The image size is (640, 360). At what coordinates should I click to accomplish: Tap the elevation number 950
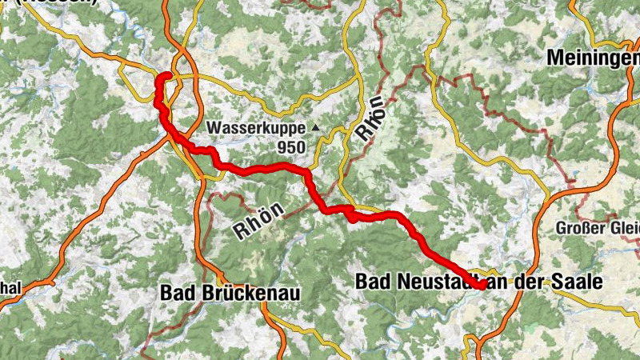click(291, 147)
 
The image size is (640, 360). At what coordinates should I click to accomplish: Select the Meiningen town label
click(593, 58)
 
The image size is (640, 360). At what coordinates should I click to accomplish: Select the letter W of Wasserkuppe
click(214, 128)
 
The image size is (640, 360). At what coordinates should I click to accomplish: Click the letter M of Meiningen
click(554, 58)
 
